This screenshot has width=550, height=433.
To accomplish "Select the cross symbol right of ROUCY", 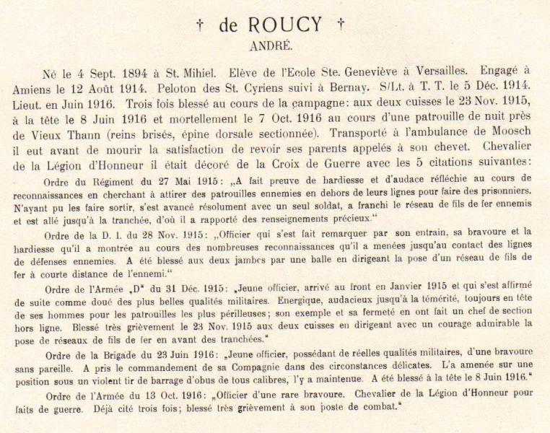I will click(x=340, y=27).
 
